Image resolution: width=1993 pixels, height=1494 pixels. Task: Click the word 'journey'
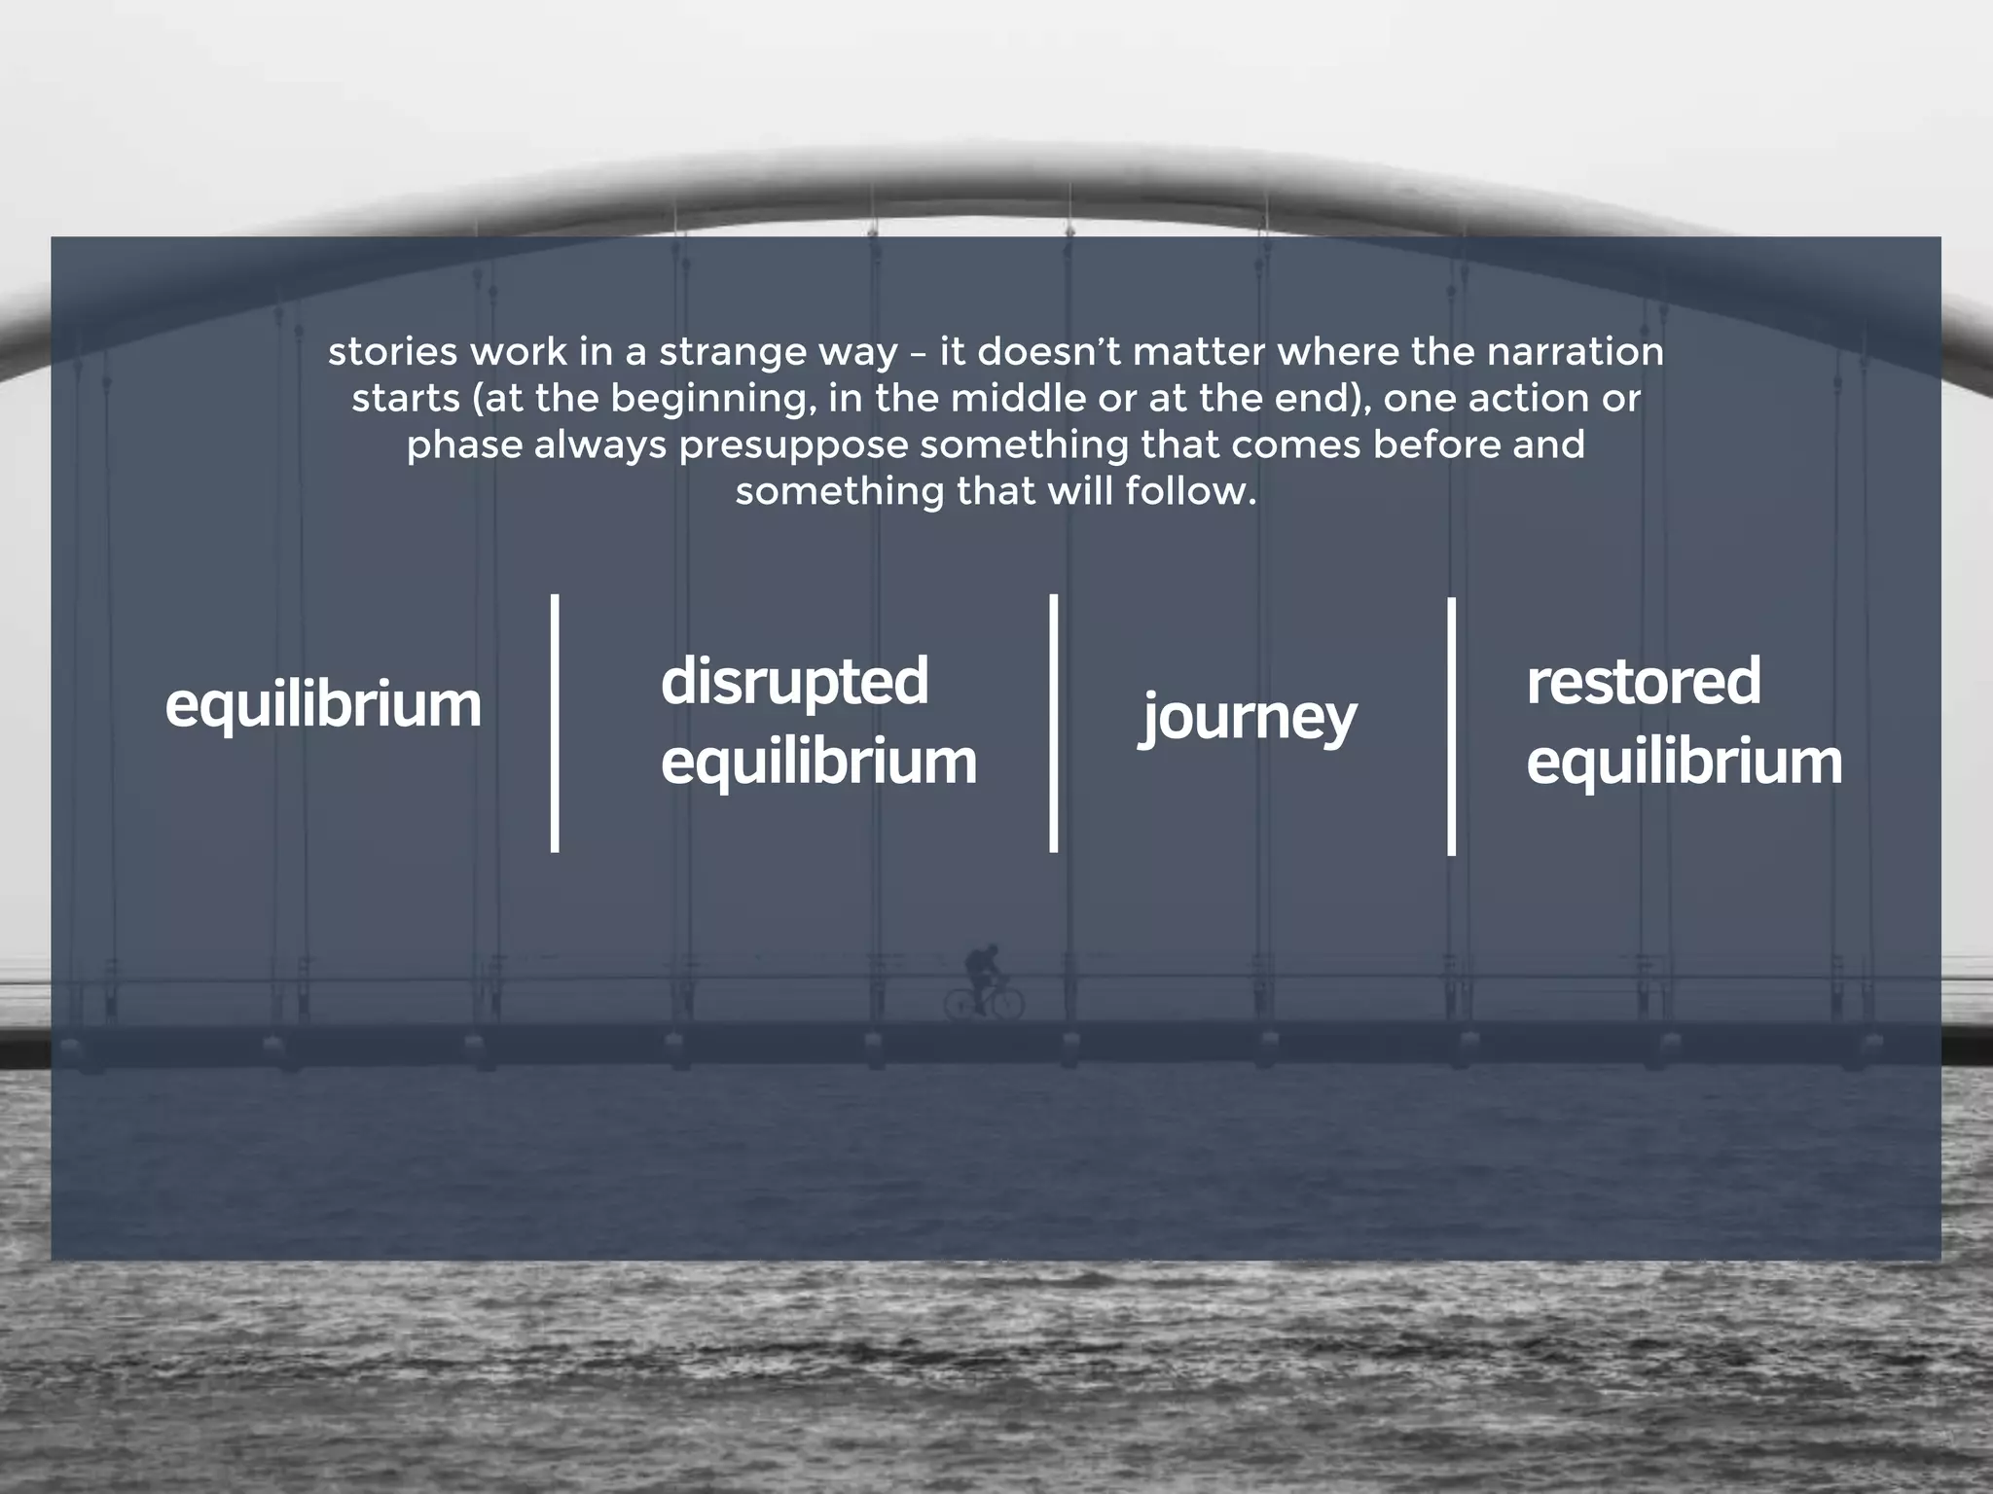[1248, 717]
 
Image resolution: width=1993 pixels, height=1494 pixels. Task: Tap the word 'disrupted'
[794, 681]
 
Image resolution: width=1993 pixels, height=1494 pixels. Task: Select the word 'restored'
[1643, 681]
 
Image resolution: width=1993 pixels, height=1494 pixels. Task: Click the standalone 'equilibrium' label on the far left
[323, 705]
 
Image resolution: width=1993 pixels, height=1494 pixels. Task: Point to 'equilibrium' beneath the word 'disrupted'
[818, 762]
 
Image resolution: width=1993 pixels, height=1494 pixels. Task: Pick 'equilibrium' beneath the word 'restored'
[1684, 762]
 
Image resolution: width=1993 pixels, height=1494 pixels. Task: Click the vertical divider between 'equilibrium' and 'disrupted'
[555, 724]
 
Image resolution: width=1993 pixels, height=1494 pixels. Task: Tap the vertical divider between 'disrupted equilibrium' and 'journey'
[1054, 724]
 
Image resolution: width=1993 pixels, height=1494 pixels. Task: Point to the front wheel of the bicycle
[1008, 1003]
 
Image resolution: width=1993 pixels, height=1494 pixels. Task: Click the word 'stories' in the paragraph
[392, 352]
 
